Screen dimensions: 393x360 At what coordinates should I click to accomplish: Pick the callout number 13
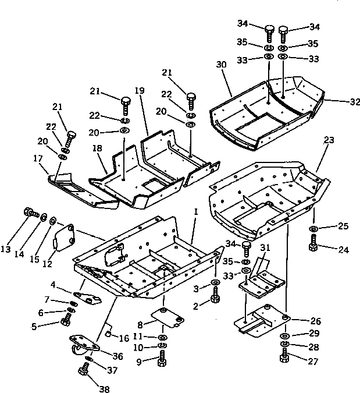coord(7,249)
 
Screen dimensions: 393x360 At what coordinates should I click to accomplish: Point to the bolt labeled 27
coord(286,357)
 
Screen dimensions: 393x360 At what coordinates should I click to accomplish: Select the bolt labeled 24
coord(313,245)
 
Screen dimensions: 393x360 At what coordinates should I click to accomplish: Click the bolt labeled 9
coord(162,358)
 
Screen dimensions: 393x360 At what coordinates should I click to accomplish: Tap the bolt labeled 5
coord(65,319)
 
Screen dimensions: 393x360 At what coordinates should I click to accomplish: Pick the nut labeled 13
coord(28,213)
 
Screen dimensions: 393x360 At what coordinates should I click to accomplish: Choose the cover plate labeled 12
coord(63,239)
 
